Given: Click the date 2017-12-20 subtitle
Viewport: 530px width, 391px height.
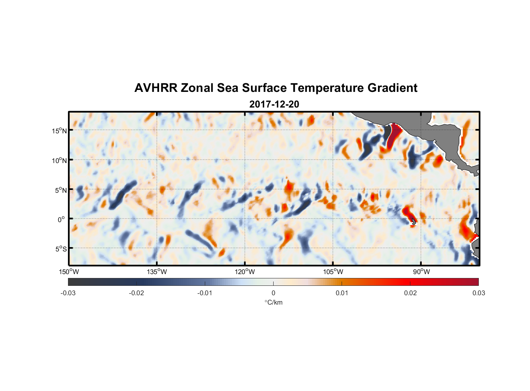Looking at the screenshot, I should tap(274, 104).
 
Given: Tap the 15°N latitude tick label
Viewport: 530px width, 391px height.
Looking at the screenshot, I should tap(59, 131).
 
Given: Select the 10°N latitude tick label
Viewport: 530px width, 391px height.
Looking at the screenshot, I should tap(59, 160).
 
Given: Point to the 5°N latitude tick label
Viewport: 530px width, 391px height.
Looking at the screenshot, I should tap(60, 190).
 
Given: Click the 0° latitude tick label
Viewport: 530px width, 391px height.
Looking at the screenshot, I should tap(61, 220).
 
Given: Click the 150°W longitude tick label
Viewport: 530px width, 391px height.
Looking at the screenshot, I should tap(69, 272).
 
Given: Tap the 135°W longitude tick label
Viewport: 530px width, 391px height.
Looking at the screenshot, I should tap(157, 272).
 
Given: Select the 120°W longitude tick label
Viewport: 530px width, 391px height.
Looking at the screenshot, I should tap(245, 272).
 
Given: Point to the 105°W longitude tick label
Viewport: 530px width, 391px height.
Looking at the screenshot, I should tap(333, 272).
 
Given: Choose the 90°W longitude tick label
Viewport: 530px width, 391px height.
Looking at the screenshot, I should tap(421, 272).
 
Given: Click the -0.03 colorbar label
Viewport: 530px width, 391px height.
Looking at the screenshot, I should tap(68, 293).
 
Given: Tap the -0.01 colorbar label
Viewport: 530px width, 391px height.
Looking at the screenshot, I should tap(205, 293).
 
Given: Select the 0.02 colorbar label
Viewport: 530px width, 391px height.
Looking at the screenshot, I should tap(410, 293).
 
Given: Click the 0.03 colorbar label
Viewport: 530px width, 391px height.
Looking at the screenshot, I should tap(478, 293).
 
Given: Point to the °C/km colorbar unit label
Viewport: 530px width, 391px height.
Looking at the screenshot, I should tap(273, 302).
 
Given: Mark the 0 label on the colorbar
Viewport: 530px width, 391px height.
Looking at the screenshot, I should tap(273, 293).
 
